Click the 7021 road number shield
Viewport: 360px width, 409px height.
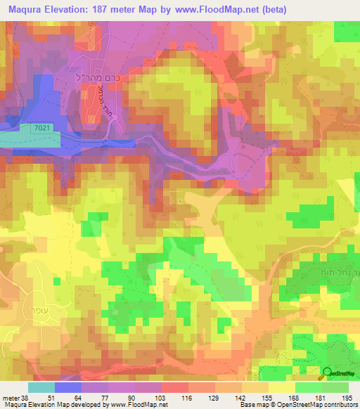tap(41, 126)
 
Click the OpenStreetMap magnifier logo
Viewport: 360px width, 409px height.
tap(328, 372)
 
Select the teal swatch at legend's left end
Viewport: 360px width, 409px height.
tap(41, 387)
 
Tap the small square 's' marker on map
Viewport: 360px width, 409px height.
tap(180, 201)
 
